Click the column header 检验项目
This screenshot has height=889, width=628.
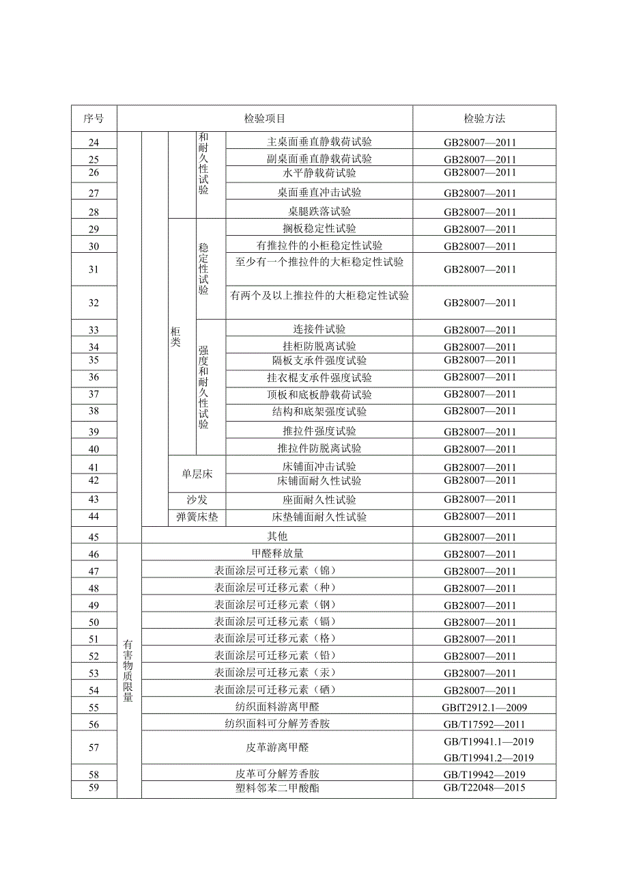tap(265, 118)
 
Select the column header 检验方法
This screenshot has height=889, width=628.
tap(484, 118)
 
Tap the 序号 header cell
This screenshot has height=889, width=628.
tap(94, 118)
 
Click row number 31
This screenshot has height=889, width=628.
tap(94, 269)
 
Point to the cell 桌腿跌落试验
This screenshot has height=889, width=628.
tap(319, 211)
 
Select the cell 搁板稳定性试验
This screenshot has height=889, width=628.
tap(319, 229)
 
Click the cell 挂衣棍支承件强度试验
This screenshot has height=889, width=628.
tap(319, 377)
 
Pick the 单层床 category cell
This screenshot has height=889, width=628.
tap(197, 474)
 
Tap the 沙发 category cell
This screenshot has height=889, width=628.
tap(197, 500)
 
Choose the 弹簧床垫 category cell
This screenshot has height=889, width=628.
tap(197, 517)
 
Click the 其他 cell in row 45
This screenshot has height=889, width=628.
tap(277, 537)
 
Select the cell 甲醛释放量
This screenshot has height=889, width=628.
tap(277, 554)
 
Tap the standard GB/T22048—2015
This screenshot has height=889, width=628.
tap(484, 788)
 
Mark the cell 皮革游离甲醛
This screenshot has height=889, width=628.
tap(277, 748)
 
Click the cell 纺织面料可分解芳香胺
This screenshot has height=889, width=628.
tap(277, 724)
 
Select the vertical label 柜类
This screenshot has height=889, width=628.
tap(175, 337)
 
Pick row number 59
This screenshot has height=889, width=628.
tap(94, 788)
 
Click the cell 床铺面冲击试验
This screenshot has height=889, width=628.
tap(319, 467)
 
